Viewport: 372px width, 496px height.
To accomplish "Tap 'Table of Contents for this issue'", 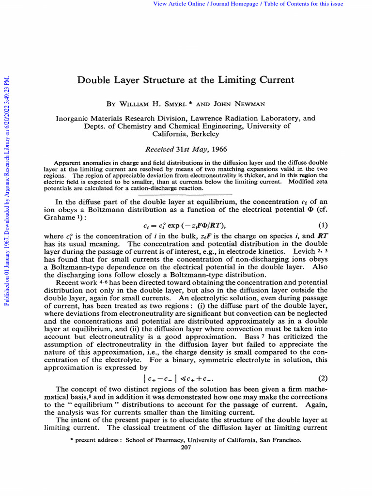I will pos(302,4).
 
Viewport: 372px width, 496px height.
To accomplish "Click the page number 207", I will pos(186,447).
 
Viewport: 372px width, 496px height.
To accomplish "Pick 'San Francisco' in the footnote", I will pos(280,440).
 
